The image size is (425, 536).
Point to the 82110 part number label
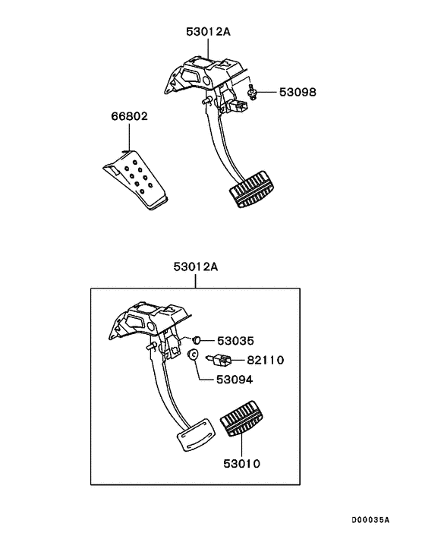[x=263, y=361]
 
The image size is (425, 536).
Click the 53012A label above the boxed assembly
[x=195, y=266]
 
